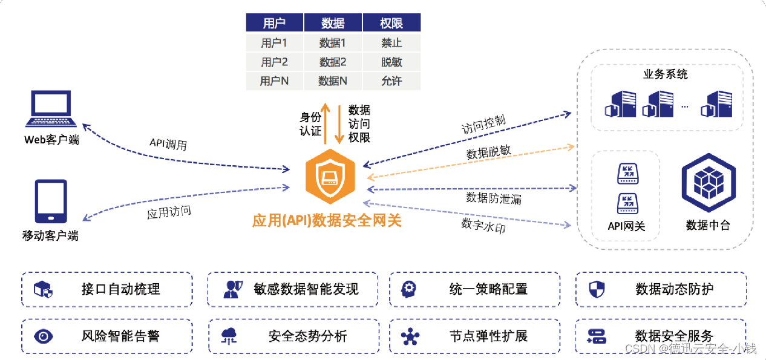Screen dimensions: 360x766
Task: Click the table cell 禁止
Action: point(391,43)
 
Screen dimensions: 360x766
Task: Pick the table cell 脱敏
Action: point(391,62)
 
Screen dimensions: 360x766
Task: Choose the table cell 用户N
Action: point(274,80)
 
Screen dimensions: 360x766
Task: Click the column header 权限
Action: point(391,23)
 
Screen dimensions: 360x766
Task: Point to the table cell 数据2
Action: point(333,62)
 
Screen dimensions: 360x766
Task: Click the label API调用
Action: point(168,144)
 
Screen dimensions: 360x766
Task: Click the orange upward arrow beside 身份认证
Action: point(326,122)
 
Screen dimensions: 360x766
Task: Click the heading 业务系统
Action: point(666,74)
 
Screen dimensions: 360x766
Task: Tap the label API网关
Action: point(626,226)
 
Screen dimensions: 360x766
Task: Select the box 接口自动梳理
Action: point(107,289)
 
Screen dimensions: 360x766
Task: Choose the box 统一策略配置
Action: point(474,289)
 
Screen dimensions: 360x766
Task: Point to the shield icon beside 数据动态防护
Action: point(597,289)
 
